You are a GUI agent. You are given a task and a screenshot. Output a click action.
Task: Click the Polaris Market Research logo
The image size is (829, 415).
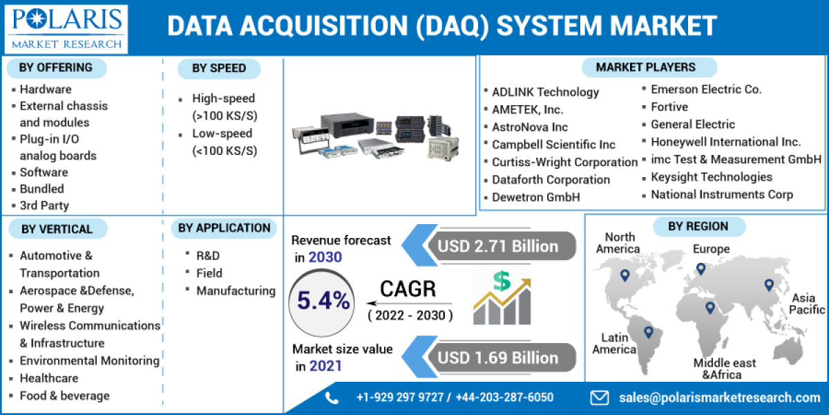(67, 28)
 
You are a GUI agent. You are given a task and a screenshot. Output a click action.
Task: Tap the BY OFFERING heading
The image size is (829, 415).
(56, 68)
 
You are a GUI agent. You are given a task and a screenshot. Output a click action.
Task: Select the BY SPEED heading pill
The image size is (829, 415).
(219, 68)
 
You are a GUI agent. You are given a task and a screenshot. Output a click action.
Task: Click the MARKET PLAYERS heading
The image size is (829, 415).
(645, 67)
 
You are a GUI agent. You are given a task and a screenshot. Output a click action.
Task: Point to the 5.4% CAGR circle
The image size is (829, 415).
(324, 301)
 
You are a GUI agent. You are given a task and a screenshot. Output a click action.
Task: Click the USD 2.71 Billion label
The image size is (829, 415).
(497, 246)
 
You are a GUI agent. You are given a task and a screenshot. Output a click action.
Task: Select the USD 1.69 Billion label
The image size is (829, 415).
(497, 358)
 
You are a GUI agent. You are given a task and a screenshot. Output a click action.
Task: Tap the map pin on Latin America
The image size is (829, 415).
(648, 332)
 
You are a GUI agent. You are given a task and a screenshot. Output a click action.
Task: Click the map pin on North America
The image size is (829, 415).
(625, 275)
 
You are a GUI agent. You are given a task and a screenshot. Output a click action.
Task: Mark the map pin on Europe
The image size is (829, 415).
(701, 268)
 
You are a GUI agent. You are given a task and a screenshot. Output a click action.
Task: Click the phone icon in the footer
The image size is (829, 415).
(332, 397)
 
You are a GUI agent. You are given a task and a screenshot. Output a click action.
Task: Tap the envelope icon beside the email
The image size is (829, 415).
(599, 397)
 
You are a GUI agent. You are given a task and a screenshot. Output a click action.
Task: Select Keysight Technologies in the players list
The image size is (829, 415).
(712, 177)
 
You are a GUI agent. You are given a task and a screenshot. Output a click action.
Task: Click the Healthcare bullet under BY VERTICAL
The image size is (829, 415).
(49, 378)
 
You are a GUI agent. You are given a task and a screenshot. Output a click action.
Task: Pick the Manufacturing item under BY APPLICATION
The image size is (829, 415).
(236, 291)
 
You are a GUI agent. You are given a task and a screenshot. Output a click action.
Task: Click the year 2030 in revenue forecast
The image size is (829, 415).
(325, 257)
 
